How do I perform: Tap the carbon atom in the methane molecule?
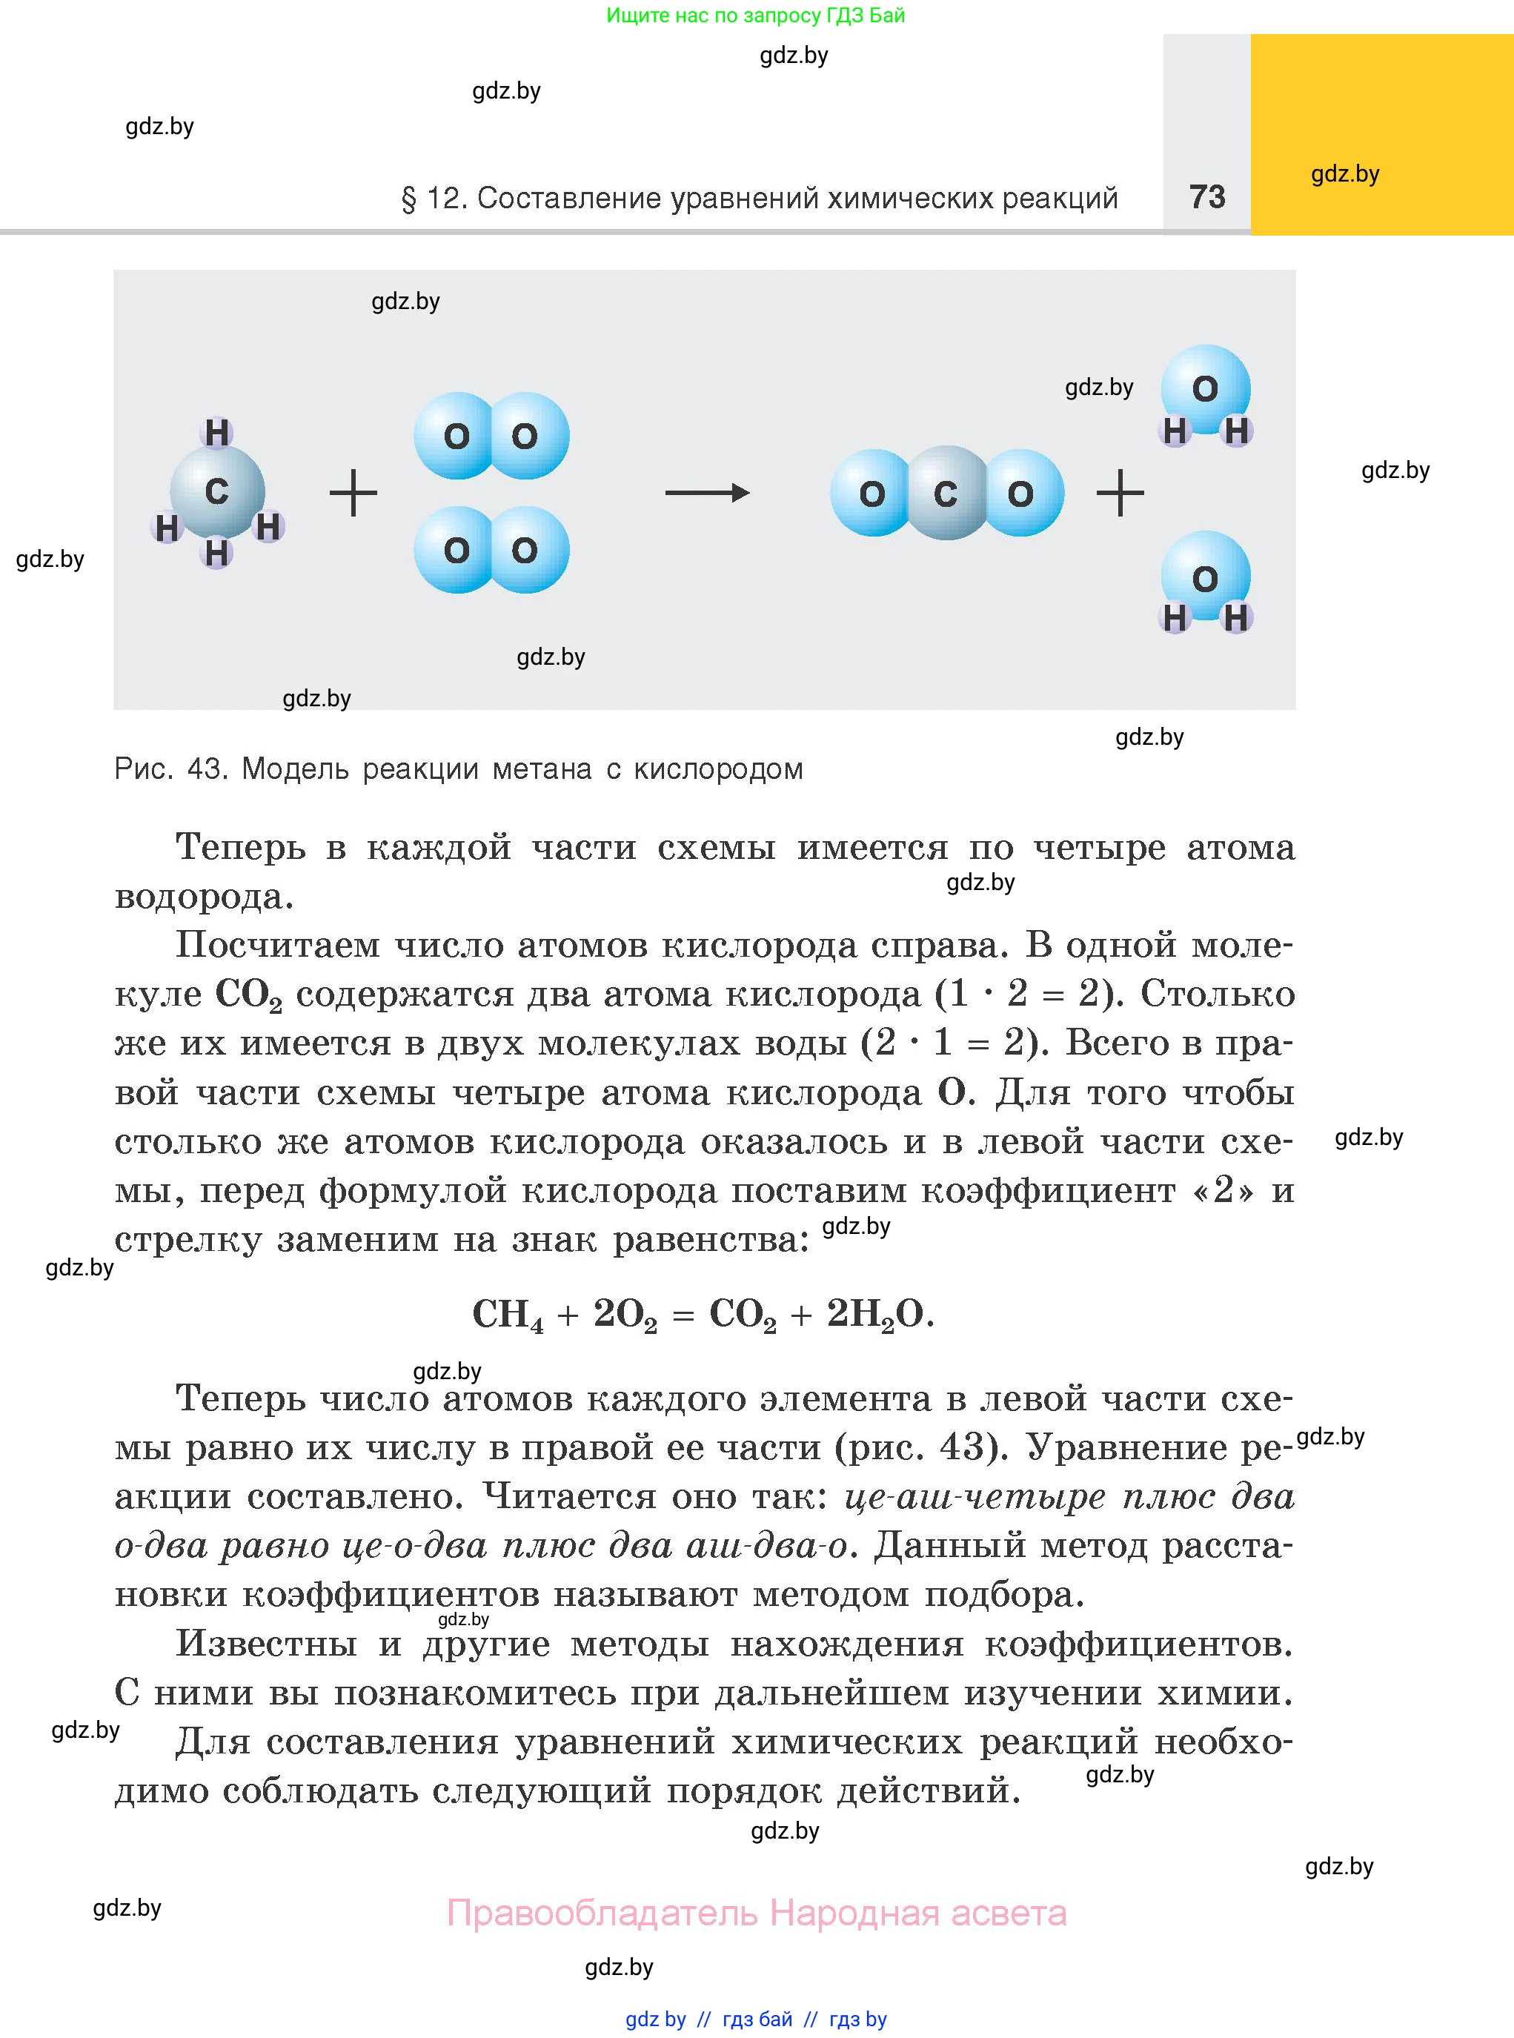(x=217, y=492)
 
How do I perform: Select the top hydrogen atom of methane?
(x=217, y=433)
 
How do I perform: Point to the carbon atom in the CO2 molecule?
(x=946, y=494)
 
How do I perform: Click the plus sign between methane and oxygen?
(x=353, y=494)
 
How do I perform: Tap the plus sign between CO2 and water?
(x=1120, y=494)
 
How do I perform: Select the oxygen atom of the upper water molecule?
(x=1205, y=388)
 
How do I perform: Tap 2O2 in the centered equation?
(x=625, y=1315)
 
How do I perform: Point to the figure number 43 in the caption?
(x=205, y=769)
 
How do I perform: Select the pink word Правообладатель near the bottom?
(x=602, y=1913)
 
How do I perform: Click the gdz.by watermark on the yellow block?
(x=1344, y=174)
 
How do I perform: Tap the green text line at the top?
(x=755, y=16)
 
